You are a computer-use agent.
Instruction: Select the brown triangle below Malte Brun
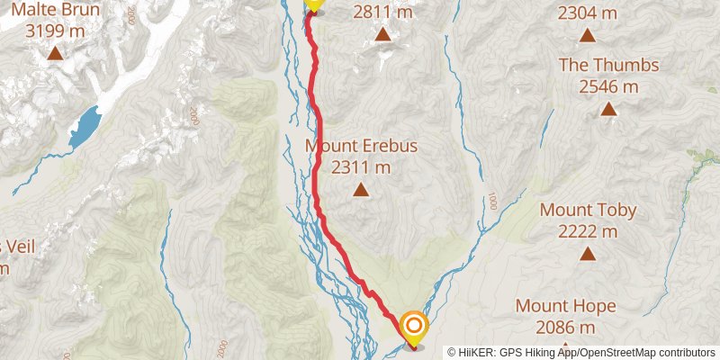(x=55, y=54)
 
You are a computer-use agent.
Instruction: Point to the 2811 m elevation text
(x=382, y=13)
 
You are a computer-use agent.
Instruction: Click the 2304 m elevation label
(x=588, y=13)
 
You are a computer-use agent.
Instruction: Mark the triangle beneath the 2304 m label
(x=588, y=35)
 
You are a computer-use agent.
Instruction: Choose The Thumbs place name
(x=609, y=66)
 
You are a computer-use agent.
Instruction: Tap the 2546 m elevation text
(x=609, y=86)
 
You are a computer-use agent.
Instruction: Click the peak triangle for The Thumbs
(x=609, y=109)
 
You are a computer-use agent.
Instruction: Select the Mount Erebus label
(x=361, y=146)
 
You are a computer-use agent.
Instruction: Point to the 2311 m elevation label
(x=361, y=166)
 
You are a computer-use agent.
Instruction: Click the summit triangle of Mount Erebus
(x=361, y=189)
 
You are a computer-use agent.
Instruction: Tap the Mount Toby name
(x=588, y=211)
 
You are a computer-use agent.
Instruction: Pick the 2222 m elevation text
(x=588, y=231)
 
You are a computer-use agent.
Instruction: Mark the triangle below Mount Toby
(x=588, y=254)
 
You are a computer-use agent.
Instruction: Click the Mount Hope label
(x=566, y=306)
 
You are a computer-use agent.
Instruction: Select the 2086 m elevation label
(x=566, y=327)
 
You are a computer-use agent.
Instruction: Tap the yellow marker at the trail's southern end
(x=414, y=326)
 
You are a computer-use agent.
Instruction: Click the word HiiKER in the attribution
(x=481, y=352)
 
